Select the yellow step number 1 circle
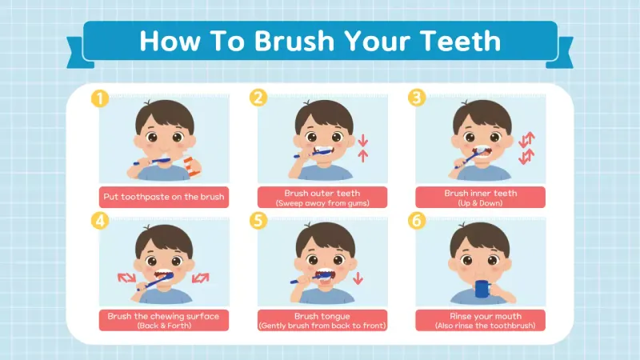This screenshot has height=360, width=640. pos(99,98)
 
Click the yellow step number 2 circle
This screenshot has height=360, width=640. pos(258,98)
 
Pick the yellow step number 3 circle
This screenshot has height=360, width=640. pos(416,98)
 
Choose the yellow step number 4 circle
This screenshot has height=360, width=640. pos(99,222)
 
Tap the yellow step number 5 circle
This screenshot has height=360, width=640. pos(258,222)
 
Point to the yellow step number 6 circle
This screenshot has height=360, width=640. pos(416,222)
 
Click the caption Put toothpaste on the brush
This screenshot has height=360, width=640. pos(163,197)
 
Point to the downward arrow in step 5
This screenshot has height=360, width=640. pos(358,278)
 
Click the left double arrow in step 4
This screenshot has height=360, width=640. pos(126,278)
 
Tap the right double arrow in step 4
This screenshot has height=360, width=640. pos(200,278)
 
